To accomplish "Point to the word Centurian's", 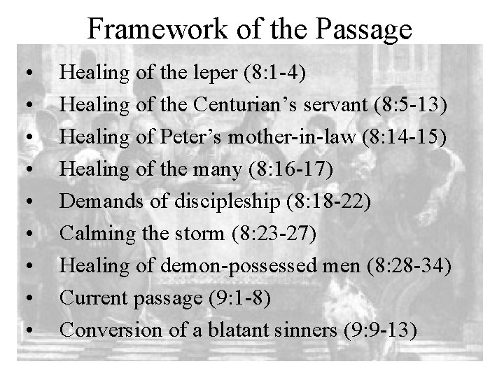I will tap(239, 105).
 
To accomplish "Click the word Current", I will tap(89, 297).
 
